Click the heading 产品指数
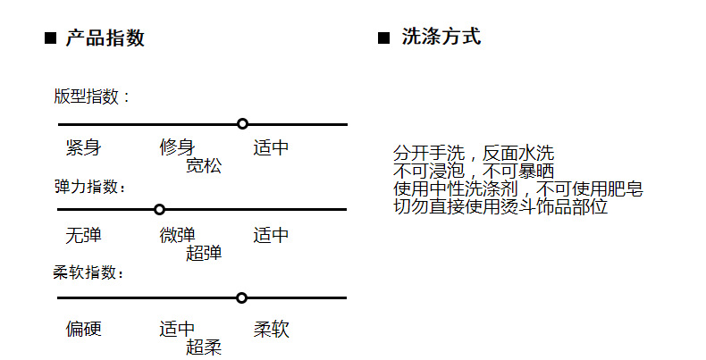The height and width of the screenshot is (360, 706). (105, 38)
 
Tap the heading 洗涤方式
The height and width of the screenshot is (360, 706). (441, 38)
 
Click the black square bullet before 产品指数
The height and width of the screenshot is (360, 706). (50, 39)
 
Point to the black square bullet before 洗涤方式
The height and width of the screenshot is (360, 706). (384, 38)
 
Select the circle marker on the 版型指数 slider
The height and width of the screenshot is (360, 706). (242, 123)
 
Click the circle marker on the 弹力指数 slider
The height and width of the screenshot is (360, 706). (159, 209)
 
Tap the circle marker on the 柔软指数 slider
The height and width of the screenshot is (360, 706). (241, 297)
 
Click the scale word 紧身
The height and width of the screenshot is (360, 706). (83, 148)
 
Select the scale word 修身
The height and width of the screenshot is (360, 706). (177, 148)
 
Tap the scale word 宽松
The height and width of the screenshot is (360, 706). (204, 165)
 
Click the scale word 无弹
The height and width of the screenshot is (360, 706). (83, 236)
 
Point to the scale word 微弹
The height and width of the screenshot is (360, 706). (177, 236)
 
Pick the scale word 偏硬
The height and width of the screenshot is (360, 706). (83, 330)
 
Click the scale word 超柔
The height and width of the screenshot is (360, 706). (204, 347)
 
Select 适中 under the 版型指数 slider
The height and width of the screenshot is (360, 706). (271, 148)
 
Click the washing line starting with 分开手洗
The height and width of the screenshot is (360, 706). (473, 154)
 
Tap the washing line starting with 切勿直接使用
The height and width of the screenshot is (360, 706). (500, 207)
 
